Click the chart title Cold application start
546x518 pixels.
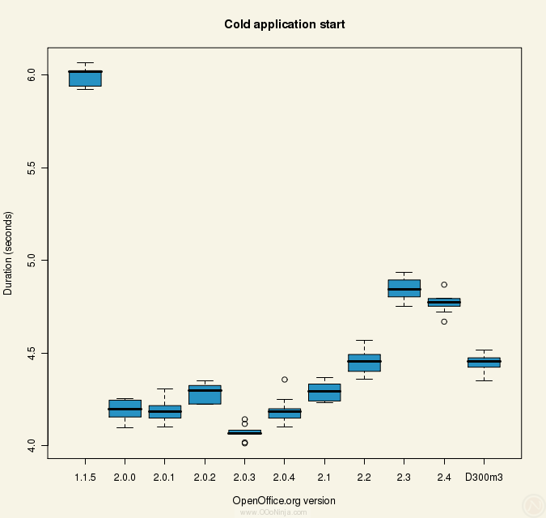(284, 24)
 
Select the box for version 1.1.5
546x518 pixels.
(85, 78)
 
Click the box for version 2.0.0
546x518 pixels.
(125, 409)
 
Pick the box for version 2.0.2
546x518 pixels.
(205, 394)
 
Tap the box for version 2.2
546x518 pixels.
(364, 363)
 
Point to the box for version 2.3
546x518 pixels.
(404, 288)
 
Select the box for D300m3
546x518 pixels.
(484, 363)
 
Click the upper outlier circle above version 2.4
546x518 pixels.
(444, 285)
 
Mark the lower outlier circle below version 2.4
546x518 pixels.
(444, 321)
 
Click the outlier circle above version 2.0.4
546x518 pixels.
(285, 379)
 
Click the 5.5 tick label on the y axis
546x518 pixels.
(32, 167)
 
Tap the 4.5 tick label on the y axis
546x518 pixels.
(32, 353)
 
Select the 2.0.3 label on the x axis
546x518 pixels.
(244, 478)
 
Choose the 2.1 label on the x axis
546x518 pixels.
(324, 478)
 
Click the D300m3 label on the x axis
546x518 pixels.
(484, 478)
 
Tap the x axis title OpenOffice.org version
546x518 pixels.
(284, 500)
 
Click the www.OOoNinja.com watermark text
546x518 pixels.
(284, 512)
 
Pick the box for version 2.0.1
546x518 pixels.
(165, 411)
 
